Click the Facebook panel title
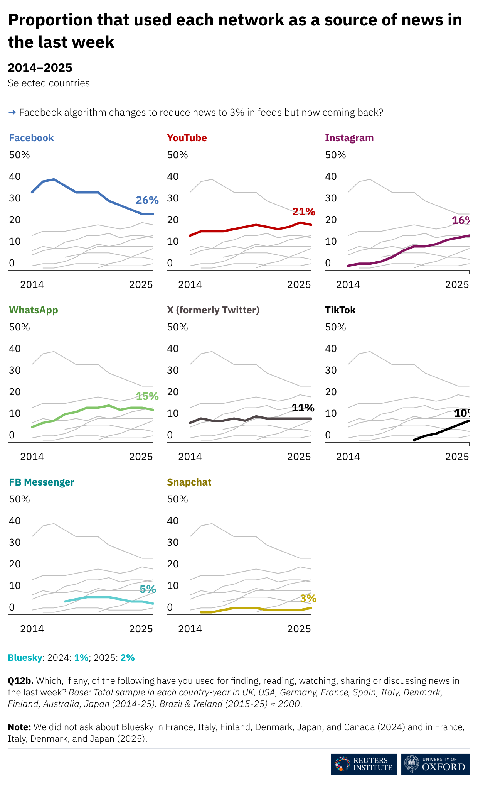click(x=31, y=138)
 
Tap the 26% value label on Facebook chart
click(x=147, y=200)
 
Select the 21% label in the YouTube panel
click(x=303, y=211)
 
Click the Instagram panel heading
click(x=349, y=138)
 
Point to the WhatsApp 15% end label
click(x=147, y=396)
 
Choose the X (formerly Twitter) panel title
click(x=213, y=310)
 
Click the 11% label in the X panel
click(x=303, y=408)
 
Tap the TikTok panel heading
click(x=340, y=310)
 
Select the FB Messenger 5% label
click(x=148, y=589)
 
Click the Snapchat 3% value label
click(x=308, y=598)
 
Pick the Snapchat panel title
click(x=189, y=482)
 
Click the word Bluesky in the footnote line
click(x=25, y=658)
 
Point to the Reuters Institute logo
click(x=364, y=764)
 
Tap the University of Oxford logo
click(x=435, y=764)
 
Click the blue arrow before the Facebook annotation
click(x=12, y=112)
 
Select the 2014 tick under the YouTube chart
click(x=190, y=284)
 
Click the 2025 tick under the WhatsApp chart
click(x=141, y=457)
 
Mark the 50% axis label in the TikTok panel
click(x=335, y=327)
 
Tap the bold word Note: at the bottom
click(x=19, y=727)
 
